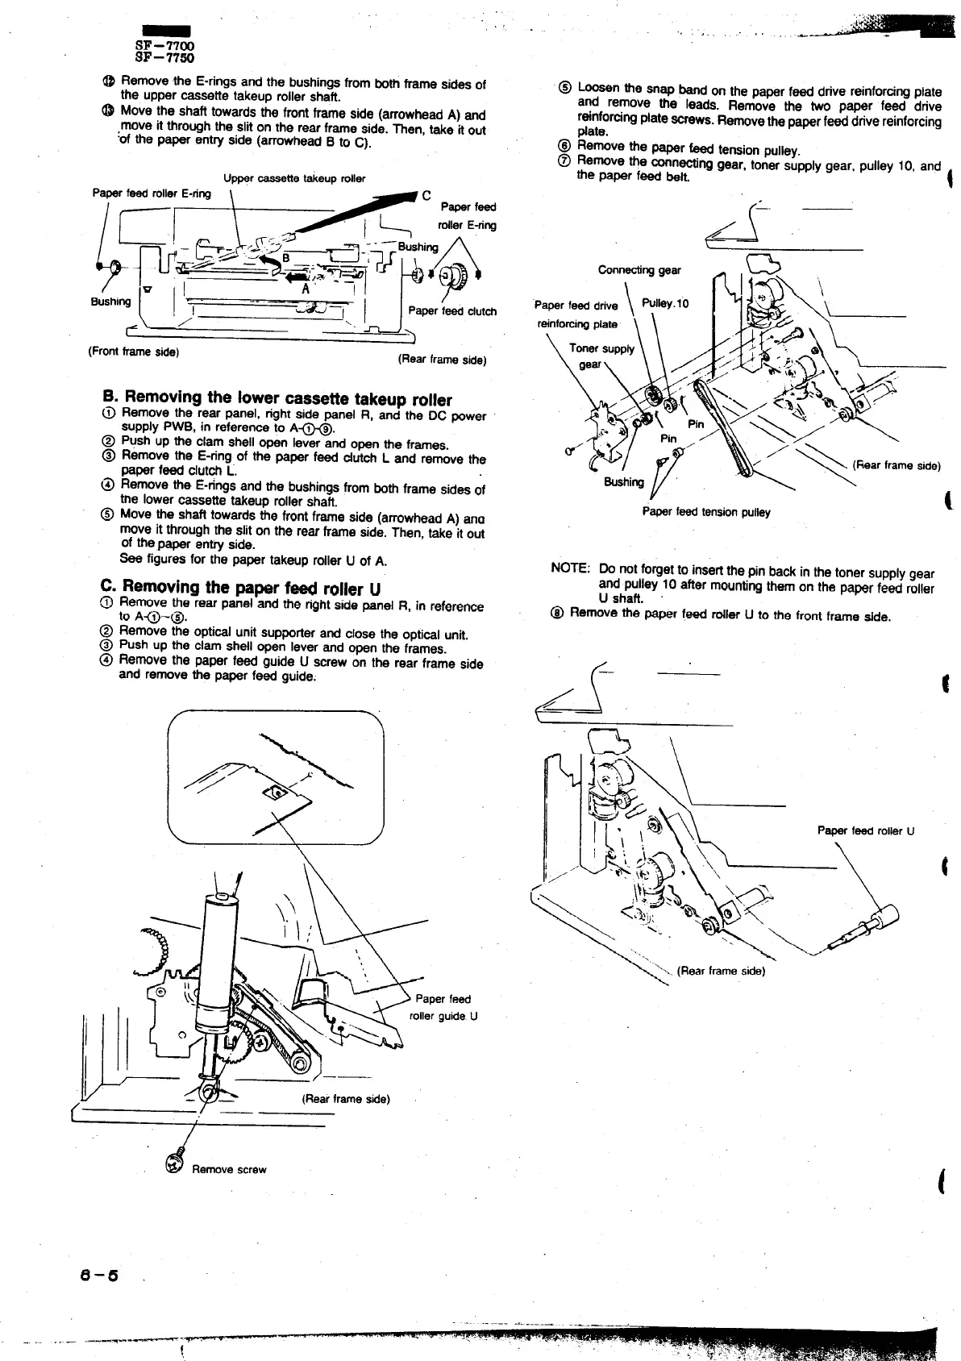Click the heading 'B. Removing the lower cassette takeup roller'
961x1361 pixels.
click(277, 399)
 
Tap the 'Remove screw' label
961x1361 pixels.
click(229, 1169)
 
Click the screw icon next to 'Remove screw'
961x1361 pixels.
click(173, 1163)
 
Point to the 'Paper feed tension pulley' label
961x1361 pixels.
click(705, 512)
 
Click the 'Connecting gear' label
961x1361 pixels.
click(639, 270)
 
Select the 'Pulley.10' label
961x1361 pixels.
click(665, 303)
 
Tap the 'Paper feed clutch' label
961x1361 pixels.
click(452, 311)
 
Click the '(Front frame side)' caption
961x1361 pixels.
click(133, 352)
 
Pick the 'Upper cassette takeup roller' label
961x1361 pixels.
click(294, 178)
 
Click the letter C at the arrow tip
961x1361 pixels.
click(426, 194)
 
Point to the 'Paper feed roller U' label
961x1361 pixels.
click(865, 831)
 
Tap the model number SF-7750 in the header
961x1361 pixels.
click(164, 58)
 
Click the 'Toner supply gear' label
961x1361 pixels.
click(601, 356)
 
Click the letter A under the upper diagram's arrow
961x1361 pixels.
click(306, 289)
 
